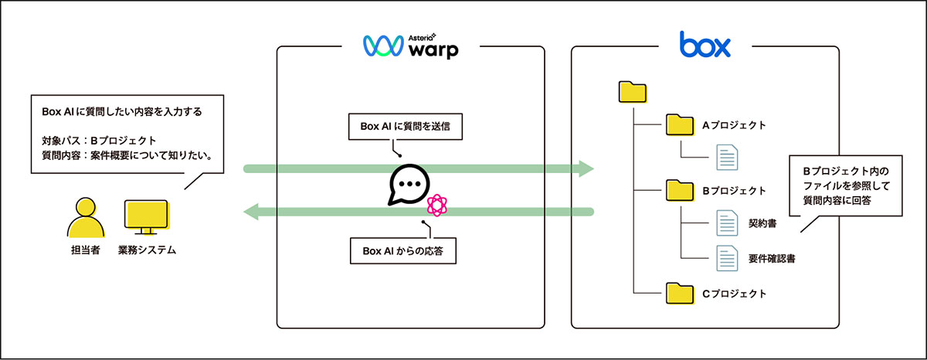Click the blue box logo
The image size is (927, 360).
click(x=705, y=45)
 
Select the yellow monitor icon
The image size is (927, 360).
click(x=147, y=218)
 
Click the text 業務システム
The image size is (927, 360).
click(x=147, y=251)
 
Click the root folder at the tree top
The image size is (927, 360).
click(x=632, y=92)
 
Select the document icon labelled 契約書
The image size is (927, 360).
click(x=726, y=223)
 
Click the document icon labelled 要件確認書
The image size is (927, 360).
click(x=726, y=257)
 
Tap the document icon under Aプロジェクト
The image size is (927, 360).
click(x=726, y=158)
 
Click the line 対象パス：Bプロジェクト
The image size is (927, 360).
click(x=100, y=141)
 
